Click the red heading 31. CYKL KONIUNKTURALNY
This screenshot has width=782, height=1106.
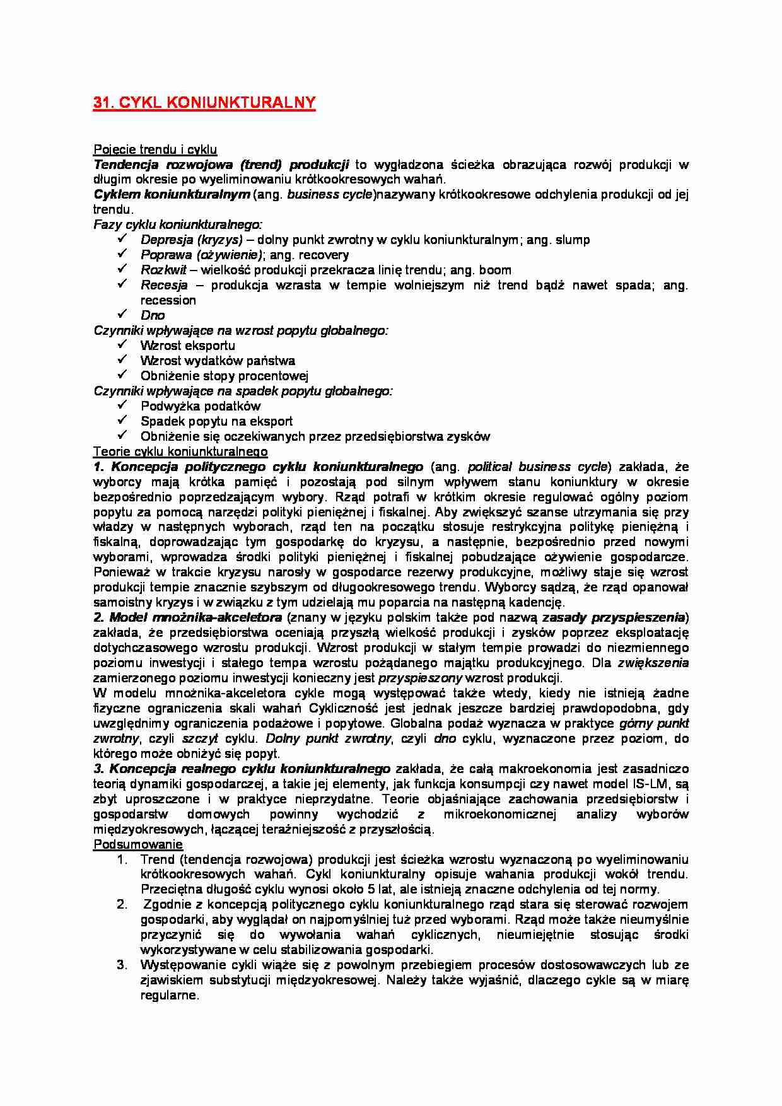click(x=204, y=103)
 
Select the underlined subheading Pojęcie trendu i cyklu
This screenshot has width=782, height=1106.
click(x=155, y=149)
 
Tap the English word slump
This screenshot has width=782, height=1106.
click(x=572, y=240)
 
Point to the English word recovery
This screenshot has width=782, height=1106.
click(x=324, y=255)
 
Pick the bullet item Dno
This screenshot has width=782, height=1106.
click(x=153, y=315)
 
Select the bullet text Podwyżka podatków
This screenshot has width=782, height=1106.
click(x=201, y=406)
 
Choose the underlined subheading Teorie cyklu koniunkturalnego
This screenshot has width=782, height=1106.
click(x=180, y=451)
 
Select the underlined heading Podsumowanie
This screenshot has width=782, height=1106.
click(x=138, y=844)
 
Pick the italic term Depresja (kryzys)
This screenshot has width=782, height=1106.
click(x=192, y=240)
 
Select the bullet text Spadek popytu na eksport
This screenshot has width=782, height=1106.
click(x=216, y=421)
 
